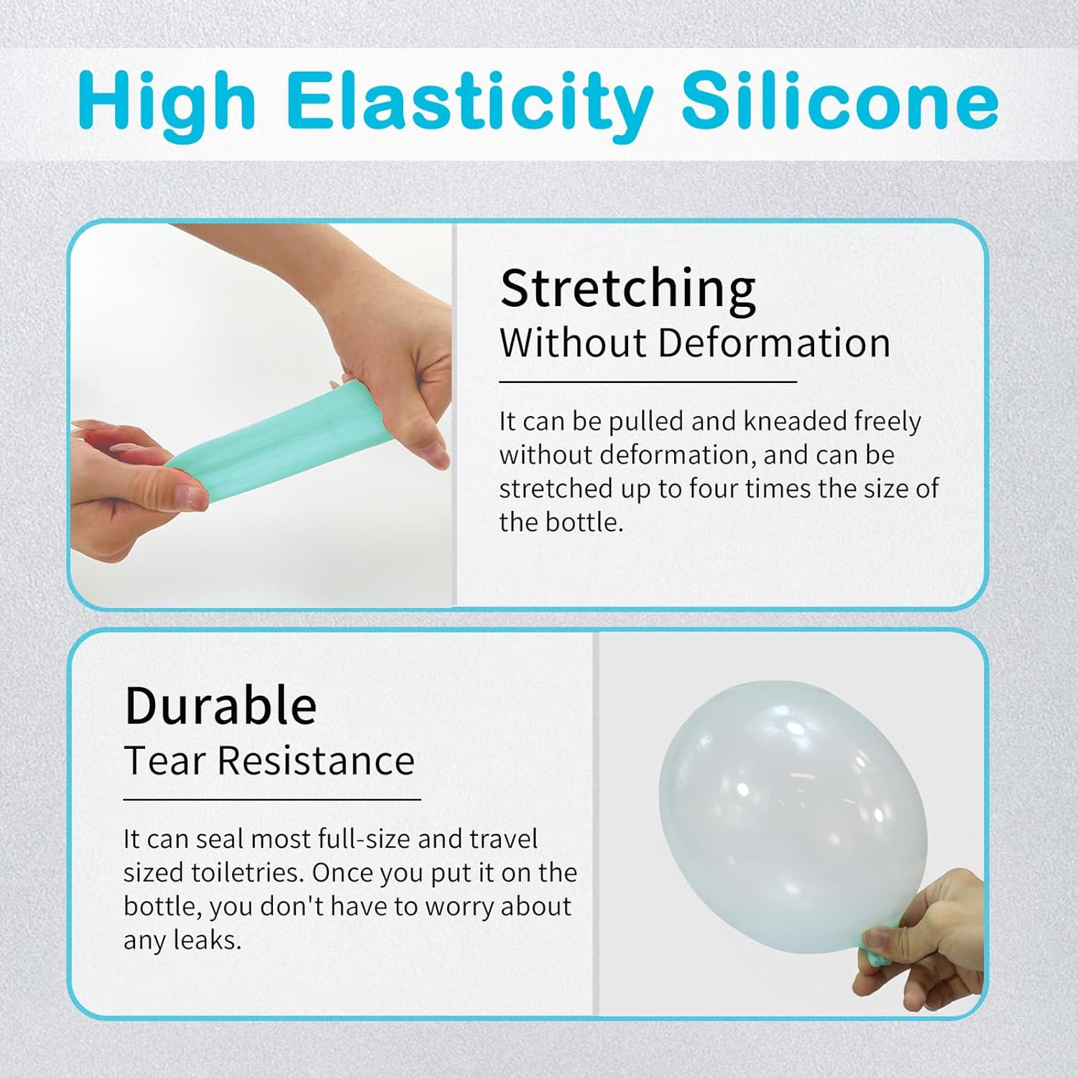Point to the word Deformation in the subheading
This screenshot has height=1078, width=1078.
(x=774, y=343)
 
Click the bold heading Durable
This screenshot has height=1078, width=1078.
(x=221, y=706)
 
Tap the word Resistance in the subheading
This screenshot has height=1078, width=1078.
(x=316, y=760)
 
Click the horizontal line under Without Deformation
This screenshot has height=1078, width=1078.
(x=648, y=382)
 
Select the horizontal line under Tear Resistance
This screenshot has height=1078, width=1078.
(x=272, y=799)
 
